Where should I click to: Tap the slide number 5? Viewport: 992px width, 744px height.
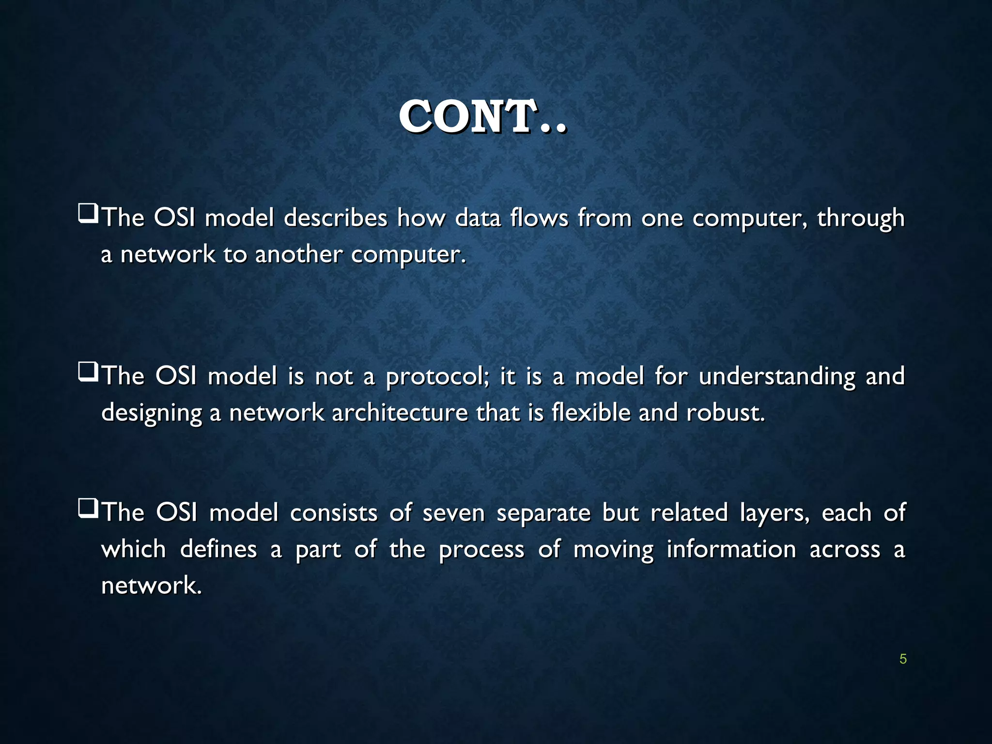coord(903,659)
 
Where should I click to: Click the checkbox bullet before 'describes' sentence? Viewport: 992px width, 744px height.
coord(88,214)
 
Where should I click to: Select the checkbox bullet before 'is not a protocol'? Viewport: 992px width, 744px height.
coord(88,372)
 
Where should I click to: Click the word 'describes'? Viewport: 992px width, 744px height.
coord(335,217)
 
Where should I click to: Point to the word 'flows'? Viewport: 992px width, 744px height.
coord(539,217)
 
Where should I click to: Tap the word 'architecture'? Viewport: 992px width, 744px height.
coord(400,413)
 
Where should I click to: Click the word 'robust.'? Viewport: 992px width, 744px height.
coord(725,413)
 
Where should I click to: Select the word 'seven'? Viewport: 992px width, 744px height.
coord(453,513)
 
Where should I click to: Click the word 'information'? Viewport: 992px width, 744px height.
coord(731,550)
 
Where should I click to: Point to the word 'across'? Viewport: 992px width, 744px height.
coord(845,550)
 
